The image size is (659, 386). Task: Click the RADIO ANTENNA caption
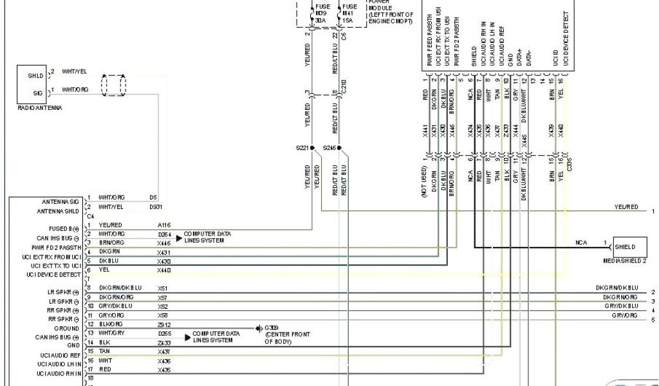tap(39, 108)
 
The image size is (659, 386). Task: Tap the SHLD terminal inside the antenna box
tap(35, 75)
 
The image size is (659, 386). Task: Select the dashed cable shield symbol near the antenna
tap(114, 84)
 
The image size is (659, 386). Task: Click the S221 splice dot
tap(312, 148)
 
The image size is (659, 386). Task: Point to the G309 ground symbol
tap(258, 329)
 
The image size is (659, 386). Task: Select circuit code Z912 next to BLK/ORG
tap(164, 324)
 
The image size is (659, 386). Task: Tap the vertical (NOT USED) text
tap(425, 183)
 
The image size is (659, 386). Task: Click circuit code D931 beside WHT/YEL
tap(155, 207)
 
